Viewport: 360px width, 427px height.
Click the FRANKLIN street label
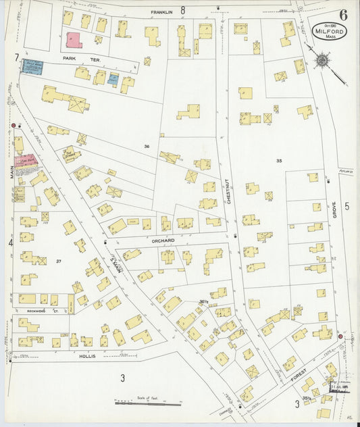(x=161, y=11)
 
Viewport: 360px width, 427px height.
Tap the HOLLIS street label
(x=87, y=355)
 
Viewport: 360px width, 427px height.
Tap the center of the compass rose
(x=322, y=61)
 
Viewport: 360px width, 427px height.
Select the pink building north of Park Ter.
(x=73, y=39)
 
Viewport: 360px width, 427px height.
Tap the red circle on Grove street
(x=340, y=336)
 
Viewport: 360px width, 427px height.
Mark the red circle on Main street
(x=13, y=126)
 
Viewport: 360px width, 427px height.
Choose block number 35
(x=278, y=161)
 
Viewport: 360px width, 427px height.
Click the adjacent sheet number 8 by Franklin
(x=182, y=9)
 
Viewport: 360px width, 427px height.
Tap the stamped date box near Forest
(x=340, y=386)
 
